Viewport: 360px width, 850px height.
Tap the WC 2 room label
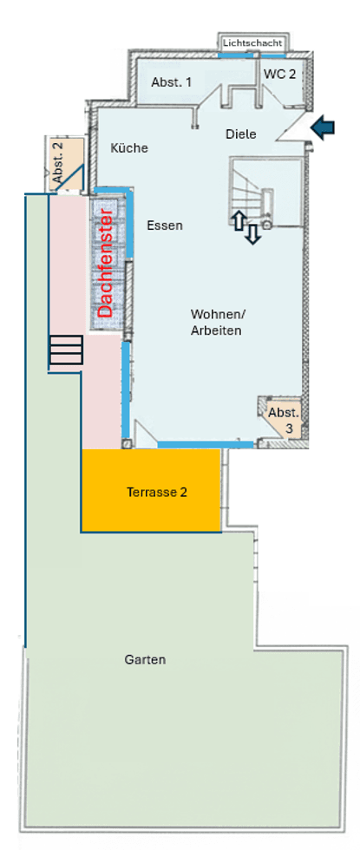coord(279,75)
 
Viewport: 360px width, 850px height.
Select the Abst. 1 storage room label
coord(172,82)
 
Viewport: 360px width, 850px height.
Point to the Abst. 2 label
coord(58,160)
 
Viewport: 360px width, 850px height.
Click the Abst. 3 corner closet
coord(282,418)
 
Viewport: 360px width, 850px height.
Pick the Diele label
coord(240,134)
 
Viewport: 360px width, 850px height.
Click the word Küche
coord(129,148)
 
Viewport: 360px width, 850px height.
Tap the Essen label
coord(164,226)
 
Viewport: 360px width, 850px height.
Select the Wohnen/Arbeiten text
coord(217,322)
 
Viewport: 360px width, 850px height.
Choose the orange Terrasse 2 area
coord(156,491)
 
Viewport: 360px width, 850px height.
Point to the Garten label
coord(145,659)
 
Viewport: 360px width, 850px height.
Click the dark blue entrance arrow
coord(324,128)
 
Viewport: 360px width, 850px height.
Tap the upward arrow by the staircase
coord(239,220)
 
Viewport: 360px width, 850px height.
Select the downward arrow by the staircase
coord(252,234)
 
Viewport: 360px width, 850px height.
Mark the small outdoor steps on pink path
coord(66,350)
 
